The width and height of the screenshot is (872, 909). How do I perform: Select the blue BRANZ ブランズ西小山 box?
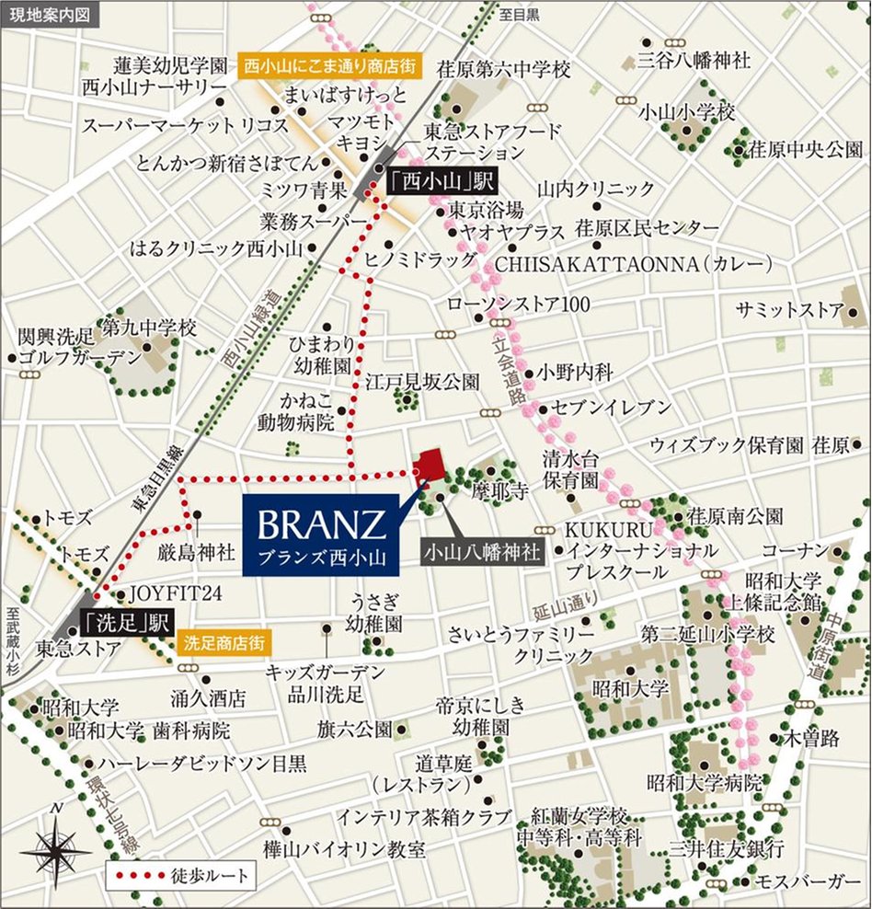(x=320, y=534)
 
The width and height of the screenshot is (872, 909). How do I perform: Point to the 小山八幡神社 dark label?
(x=481, y=553)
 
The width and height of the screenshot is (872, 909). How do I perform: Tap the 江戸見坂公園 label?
(x=422, y=380)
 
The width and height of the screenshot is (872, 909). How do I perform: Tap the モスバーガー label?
(x=807, y=882)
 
